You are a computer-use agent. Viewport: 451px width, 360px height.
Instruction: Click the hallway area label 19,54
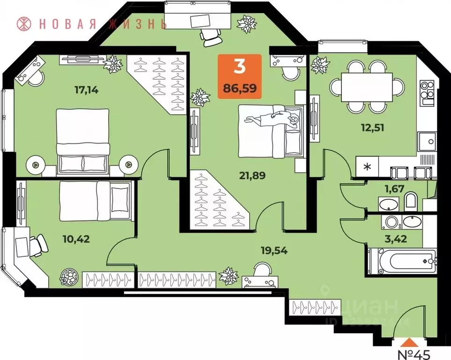[274, 250]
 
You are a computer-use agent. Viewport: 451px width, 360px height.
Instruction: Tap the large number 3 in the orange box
[239, 67]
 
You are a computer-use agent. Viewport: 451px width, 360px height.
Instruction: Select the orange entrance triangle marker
[409, 342]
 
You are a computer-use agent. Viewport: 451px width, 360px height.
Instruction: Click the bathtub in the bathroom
[403, 262]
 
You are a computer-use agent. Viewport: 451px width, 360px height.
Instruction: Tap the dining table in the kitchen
[367, 87]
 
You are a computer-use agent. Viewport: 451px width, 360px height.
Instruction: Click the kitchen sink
[427, 140]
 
